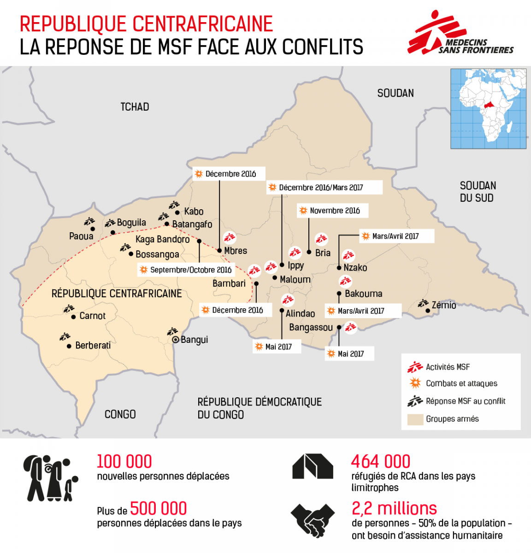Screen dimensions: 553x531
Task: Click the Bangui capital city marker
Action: [x=175, y=340]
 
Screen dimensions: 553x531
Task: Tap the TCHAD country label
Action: [x=135, y=107]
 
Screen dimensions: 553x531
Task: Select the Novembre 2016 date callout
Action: [x=333, y=211]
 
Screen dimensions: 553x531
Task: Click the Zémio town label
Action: [x=443, y=305]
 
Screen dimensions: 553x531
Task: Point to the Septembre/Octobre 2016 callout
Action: [x=186, y=270]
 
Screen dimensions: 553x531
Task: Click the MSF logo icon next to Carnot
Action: [x=69, y=309]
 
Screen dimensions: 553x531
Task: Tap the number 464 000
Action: [x=380, y=461]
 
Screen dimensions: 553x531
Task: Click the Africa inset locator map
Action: [x=488, y=109]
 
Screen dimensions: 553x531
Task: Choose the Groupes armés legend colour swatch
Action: [x=415, y=419]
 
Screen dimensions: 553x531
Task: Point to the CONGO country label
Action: [x=120, y=414]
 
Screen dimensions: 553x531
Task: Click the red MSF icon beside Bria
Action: [x=321, y=239]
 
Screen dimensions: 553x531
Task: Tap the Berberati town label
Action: [x=93, y=345]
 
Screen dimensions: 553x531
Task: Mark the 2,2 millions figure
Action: [x=394, y=508]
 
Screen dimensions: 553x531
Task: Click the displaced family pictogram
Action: [x=50, y=478]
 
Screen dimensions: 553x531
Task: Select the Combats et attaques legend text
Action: [x=461, y=383]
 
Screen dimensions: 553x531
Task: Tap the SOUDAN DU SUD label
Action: [x=478, y=192]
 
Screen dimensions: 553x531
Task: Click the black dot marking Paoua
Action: [x=93, y=229]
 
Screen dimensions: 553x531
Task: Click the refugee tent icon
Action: [x=313, y=466]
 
